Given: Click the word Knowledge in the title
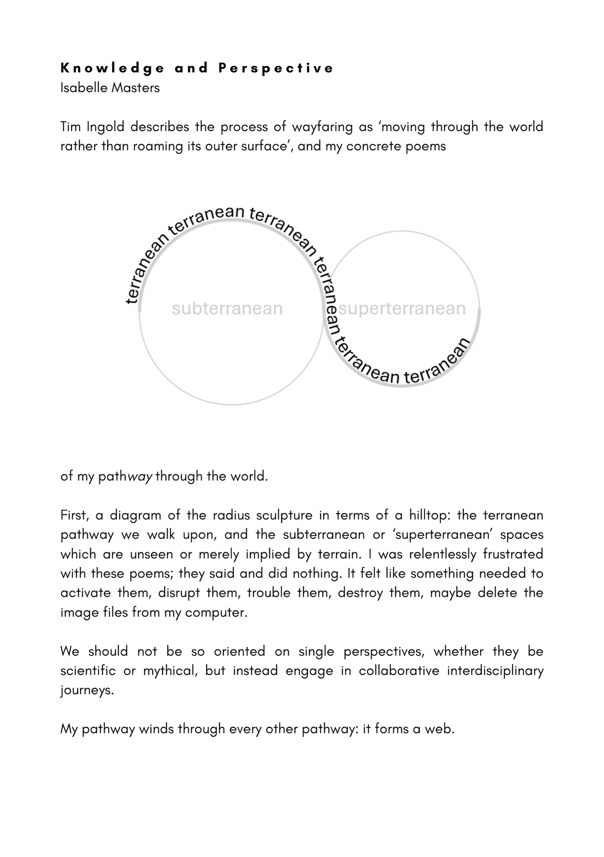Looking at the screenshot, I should click(112, 68).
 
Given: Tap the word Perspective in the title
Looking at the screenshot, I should click(276, 68).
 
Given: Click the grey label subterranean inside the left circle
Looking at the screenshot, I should click(227, 309).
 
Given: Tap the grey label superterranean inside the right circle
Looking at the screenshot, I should click(402, 309).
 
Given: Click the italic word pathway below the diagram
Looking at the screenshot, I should click(125, 476).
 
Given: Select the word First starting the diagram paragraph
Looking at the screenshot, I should click(75, 515).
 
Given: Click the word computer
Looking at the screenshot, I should click(216, 613).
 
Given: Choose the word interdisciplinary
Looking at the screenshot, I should click(495, 671).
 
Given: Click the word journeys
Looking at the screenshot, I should click(87, 690).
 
